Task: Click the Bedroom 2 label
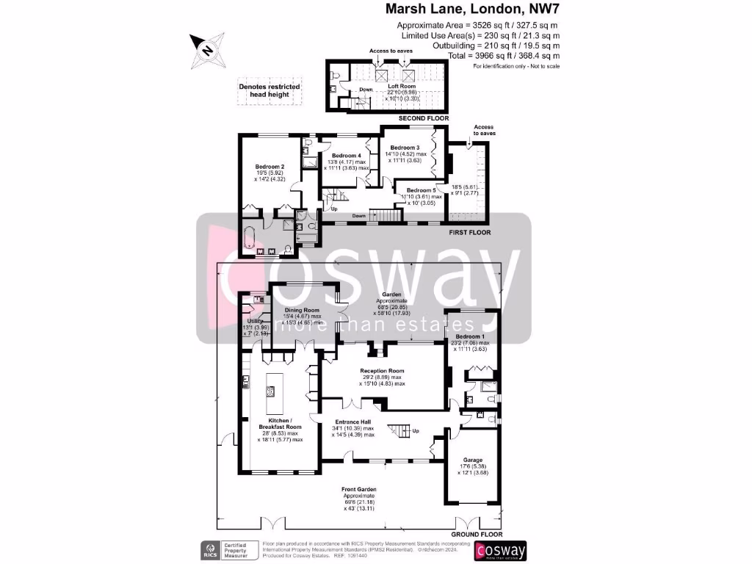[x=270, y=167]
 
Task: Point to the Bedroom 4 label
[x=346, y=156]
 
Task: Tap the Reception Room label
[x=382, y=371]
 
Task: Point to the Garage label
[x=472, y=460]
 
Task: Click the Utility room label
[x=255, y=321]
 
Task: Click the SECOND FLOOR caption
[x=423, y=118]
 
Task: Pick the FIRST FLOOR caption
[x=469, y=232]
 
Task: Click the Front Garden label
[x=359, y=489]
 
